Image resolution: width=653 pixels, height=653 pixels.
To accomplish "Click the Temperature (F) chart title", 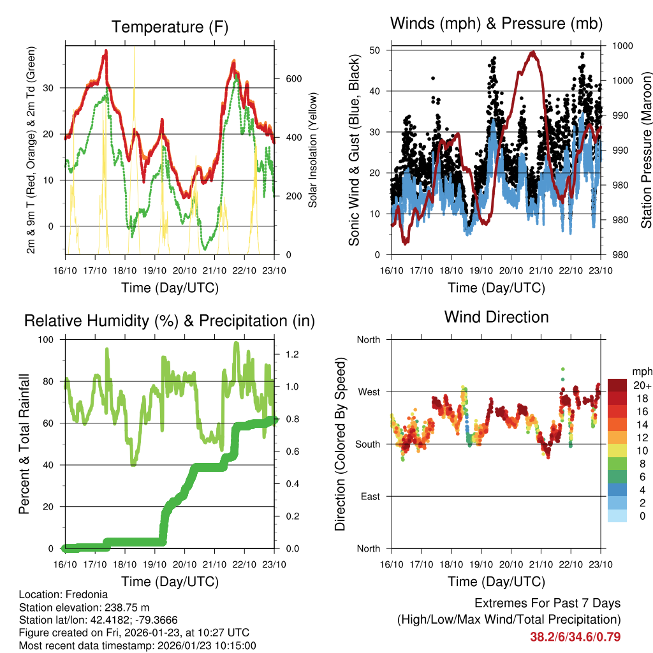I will pyautogui.click(x=170, y=27).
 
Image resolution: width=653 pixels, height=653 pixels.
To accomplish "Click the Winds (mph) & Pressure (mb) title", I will pyautogui.click(x=496, y=24).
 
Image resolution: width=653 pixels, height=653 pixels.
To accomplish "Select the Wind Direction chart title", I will pyautogui.click(x=496, y=317).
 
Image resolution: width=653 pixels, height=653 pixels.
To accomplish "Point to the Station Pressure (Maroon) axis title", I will pyautogui.click(x=646, y=150).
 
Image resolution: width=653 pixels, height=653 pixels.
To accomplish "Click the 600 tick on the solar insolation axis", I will pyautogui.click(x=293, y=78).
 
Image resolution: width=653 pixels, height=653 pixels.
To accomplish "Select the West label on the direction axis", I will pyautogui.click(x=369, y=392).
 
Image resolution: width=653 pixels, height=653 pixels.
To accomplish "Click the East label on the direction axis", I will pyautogui.click(x=369, y=496).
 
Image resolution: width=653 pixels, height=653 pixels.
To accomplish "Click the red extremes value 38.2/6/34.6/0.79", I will pyautogui.click(x=575, y=636).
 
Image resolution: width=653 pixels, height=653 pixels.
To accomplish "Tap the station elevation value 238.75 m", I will pyautogui.click(x=126, y=607).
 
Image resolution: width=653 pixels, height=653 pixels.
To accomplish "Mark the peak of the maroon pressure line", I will pyautogui.click(x=533, y=53).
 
